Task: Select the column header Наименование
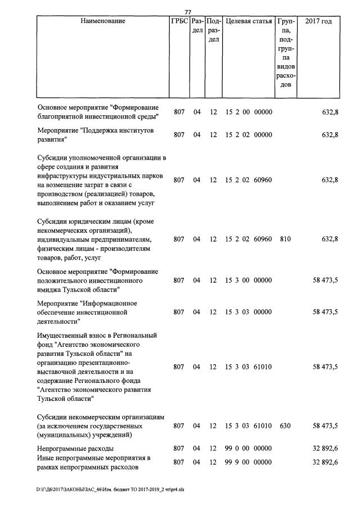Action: [x=102, y=21]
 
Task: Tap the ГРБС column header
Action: [x=179, y=21]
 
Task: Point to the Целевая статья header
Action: [x=249, y=21]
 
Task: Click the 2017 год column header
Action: [x=318, y=21]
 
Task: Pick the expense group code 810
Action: [x=285, y=239]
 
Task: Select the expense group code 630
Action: [x=285, y=426]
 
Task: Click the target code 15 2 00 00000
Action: [x=249, y=112]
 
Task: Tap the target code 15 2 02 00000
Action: [x=249, y=135]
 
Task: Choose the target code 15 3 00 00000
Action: [x=249, y=279]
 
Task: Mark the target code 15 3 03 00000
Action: [x=249, y=312]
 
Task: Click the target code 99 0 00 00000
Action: [x=249, y=449]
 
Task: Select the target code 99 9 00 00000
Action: [x=249, y=462]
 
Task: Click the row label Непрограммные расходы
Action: [x=75, y=449]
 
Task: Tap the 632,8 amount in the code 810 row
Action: [x=329, y=239]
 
